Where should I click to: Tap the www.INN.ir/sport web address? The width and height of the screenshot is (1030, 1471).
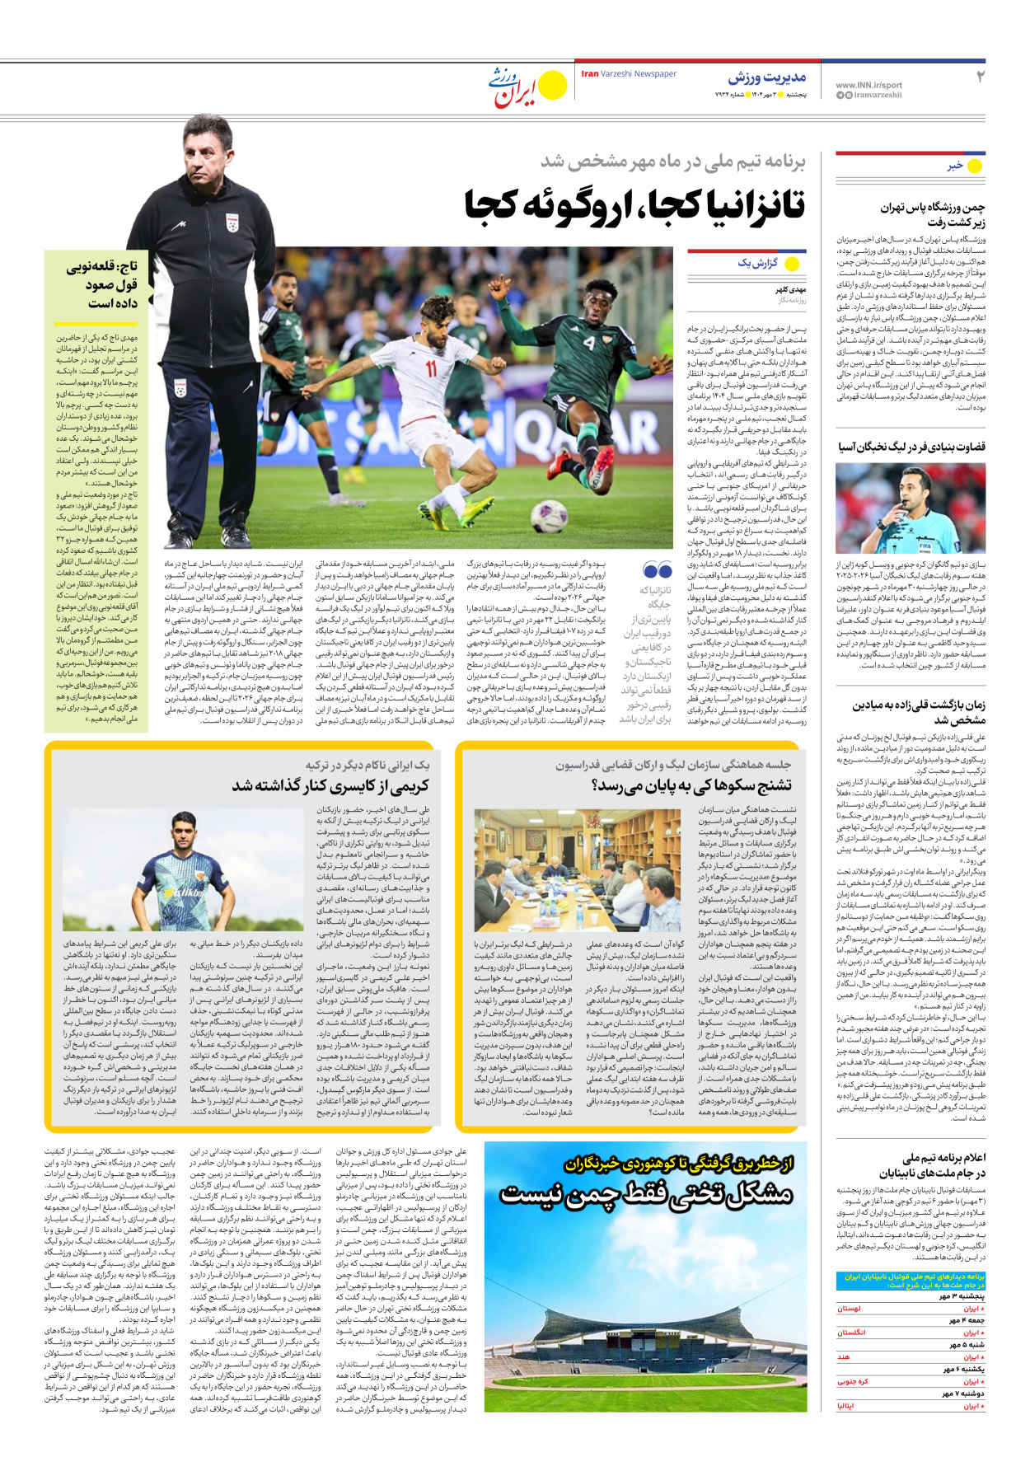pos(868,85)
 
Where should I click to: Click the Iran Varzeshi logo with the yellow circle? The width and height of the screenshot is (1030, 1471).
pos(528,86)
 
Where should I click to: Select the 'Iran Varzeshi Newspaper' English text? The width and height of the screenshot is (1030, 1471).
pos(629,74)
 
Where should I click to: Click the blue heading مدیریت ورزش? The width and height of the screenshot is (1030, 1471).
pos(766,77)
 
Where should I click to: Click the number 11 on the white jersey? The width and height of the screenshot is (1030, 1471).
pos(431,368)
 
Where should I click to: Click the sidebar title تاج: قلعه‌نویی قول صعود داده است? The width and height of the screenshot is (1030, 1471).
pos(101,284)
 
